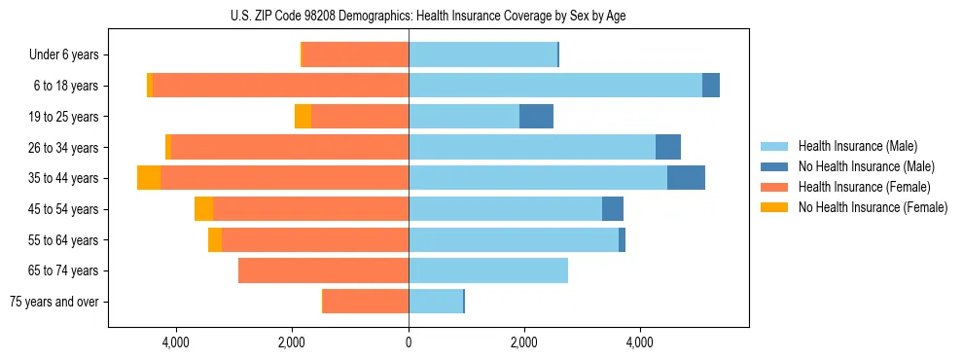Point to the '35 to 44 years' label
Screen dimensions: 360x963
[64, 178]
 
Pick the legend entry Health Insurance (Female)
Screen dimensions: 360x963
[864, 187]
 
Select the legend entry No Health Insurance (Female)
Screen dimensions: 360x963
[873, 207]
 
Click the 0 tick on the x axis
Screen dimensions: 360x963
[409, 342]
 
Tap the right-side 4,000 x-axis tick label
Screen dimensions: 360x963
[640, 342]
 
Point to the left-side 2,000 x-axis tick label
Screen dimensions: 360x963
[293, 342]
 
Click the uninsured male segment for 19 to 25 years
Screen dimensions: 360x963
[536, 117]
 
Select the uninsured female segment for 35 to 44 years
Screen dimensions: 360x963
[149, 178]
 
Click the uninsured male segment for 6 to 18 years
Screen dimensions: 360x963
[711, 86]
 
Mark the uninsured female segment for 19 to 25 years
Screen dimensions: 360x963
[303, 117]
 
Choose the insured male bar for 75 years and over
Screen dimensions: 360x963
[436, 302]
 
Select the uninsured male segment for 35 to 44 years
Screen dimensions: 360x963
[686, 178]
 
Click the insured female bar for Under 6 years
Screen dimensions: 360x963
[355, 55]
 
